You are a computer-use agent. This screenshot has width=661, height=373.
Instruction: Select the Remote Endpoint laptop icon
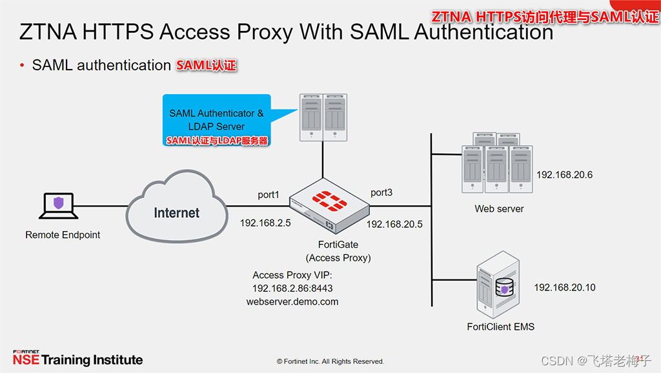coord(59,205)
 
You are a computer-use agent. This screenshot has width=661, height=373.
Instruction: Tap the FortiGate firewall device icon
coord(330,206)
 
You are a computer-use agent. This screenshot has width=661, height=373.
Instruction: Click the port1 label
coord(269,194)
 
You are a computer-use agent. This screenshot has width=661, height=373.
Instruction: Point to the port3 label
coord(381,192)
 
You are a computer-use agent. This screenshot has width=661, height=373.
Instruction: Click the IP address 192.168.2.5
coord(265,223)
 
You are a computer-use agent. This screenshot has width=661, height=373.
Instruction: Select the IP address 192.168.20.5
coord(394,224)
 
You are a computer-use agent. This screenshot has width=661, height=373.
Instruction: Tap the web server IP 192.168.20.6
coord(564,175)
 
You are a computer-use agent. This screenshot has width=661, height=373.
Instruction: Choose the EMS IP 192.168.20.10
coord(564,287)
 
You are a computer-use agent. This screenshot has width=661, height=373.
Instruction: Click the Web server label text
coord(499,208)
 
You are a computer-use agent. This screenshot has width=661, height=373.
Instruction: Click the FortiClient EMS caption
coord(500,327)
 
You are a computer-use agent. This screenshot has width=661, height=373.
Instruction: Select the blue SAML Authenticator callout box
coord(216,120)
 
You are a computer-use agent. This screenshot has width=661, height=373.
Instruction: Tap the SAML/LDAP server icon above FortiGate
coord(323,117)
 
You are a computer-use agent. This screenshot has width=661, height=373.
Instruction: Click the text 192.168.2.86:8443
coord(292,288)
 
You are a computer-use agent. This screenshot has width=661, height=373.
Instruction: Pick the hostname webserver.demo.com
coord(292,301)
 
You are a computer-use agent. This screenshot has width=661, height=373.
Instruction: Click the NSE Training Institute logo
coord(77,358)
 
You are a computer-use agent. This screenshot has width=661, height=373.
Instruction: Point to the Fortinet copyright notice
coord(330,361)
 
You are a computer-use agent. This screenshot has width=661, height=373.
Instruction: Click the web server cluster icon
coord(496,165)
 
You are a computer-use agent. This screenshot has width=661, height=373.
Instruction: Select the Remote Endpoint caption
coord(63,235)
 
